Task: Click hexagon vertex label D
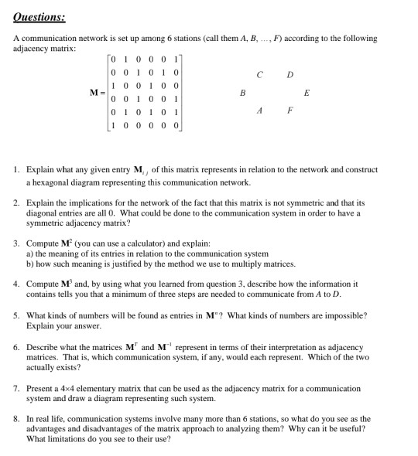290,75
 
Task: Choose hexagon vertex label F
290,110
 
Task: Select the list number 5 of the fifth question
16,316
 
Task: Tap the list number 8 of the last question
16,418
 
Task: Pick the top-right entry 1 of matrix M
178,59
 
